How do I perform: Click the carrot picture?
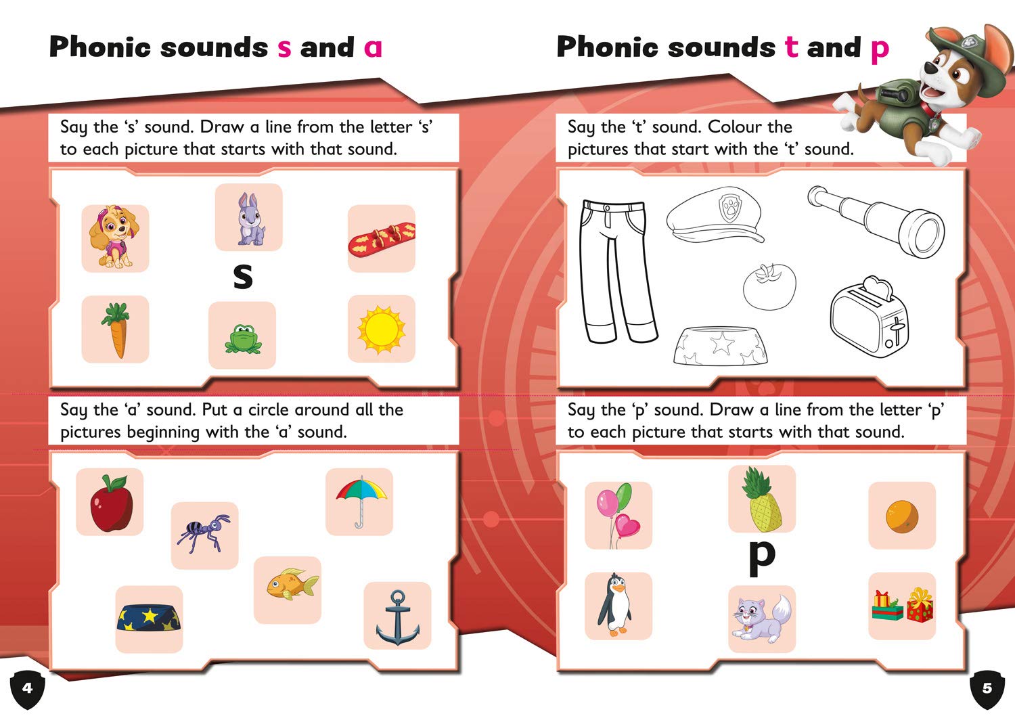pos(116,330)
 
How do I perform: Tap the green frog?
pos(242,338)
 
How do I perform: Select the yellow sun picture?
pos(381,329)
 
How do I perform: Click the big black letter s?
pos(242,276)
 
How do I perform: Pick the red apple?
pos(110,502)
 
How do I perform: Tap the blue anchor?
pos(397,617)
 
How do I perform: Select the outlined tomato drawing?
pos(769,286)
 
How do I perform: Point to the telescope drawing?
pos(876,220)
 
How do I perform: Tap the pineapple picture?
pos(762,499)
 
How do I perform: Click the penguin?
pos(616,604)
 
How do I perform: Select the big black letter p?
pos(762,556)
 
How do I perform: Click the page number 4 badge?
pos(27,689)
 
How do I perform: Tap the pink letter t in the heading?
pos(791,47)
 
